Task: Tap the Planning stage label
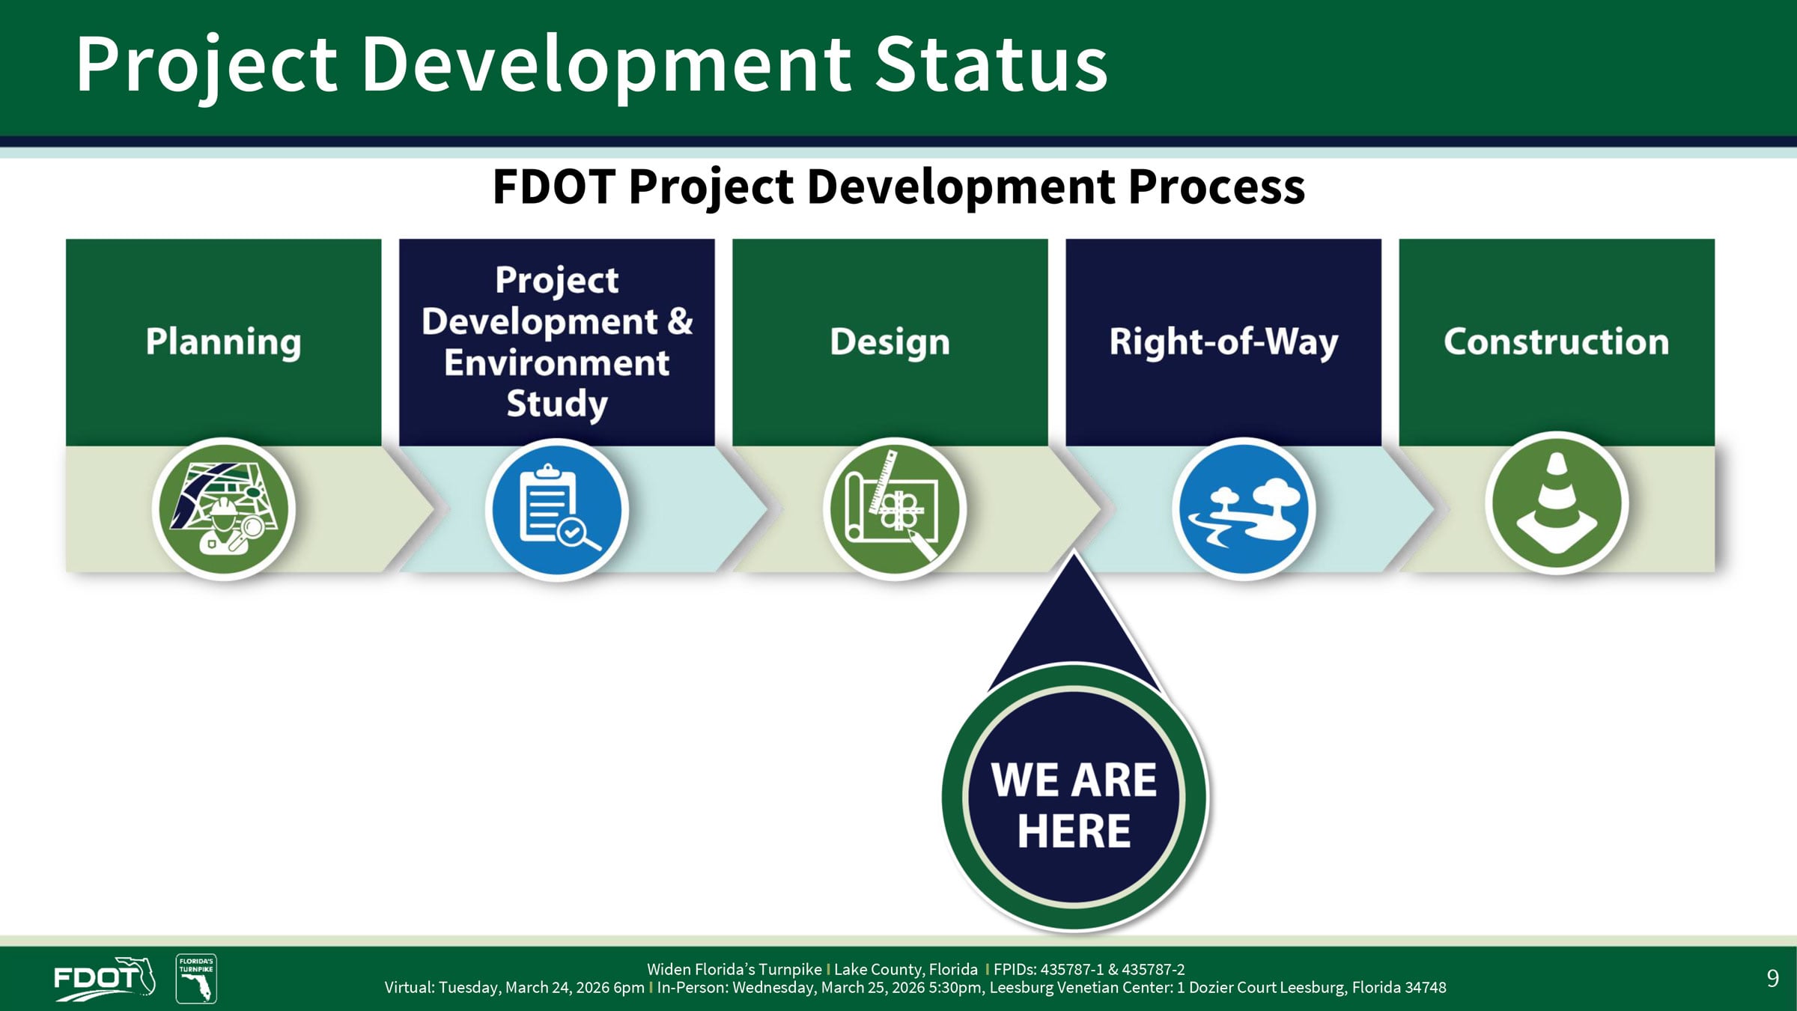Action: click(223, 341)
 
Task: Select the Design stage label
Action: click(890, 341)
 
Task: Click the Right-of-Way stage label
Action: click(1223, 341)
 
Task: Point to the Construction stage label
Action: click(1556, 341)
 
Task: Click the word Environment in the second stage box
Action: click(556, 363)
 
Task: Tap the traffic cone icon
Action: click(1556, 503)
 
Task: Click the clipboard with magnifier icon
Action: click(556, 509)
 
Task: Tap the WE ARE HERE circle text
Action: click(1074, 805)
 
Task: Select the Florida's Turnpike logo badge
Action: click(196, 978)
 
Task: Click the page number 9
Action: click(1772, 978)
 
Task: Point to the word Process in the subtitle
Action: click(1216, 186)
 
